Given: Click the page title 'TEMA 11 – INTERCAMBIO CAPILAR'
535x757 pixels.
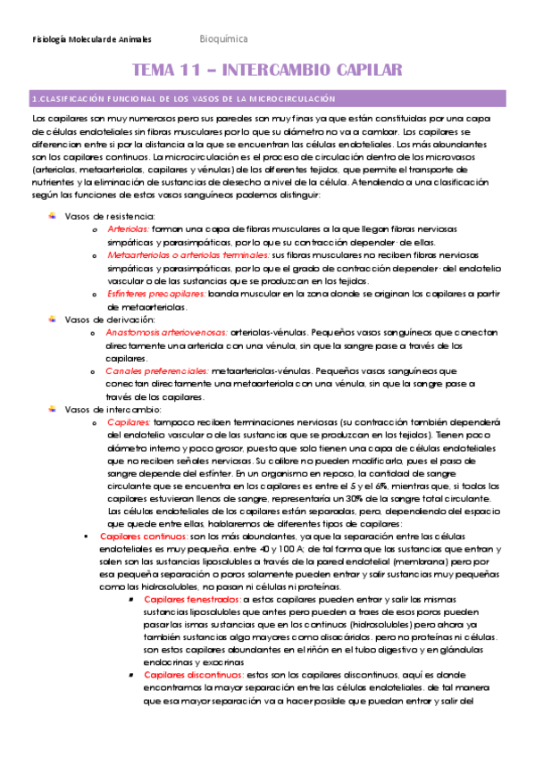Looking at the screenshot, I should point(266,71).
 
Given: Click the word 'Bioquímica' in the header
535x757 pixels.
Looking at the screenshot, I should point(223,39).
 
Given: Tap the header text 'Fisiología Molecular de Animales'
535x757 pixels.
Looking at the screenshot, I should point(92,40).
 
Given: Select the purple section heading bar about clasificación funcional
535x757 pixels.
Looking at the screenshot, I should point(267,98).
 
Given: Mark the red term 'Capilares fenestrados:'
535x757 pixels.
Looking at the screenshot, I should point(188,600).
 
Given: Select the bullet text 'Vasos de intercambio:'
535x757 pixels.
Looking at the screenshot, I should point(112,409).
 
